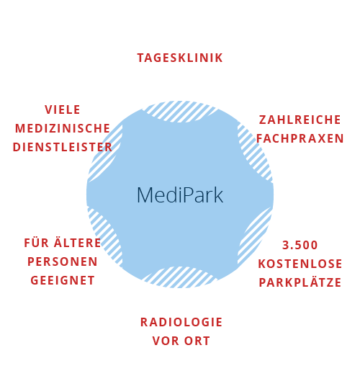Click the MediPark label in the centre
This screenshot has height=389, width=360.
click(180, 195)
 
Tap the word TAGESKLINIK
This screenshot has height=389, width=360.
click(180, 58)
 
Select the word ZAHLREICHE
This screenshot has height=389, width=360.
click(300, 120)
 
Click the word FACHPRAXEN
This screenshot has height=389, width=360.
click(300, 138)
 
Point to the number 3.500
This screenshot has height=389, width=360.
click(300, 245)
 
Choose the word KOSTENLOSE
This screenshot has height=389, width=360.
click(300, 264)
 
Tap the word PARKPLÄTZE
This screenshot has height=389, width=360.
click(300, 282)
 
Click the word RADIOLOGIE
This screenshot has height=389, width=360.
click(181, 322)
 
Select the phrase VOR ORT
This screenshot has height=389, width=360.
click(181, 341)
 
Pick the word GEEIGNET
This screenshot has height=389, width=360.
click(63, 280)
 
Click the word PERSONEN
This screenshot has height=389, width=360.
click(63, 261)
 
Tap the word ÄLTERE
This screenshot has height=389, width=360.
click(77, 242)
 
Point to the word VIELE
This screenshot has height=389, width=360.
click(63, 109)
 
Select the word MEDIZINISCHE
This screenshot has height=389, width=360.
click(63, 128)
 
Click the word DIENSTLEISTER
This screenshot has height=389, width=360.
click(63, 147)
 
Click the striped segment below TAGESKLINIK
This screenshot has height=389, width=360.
click(180, 112)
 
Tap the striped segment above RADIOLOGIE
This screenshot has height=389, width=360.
click(180, 277)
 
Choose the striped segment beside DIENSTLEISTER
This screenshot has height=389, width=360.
click(105, 153)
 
